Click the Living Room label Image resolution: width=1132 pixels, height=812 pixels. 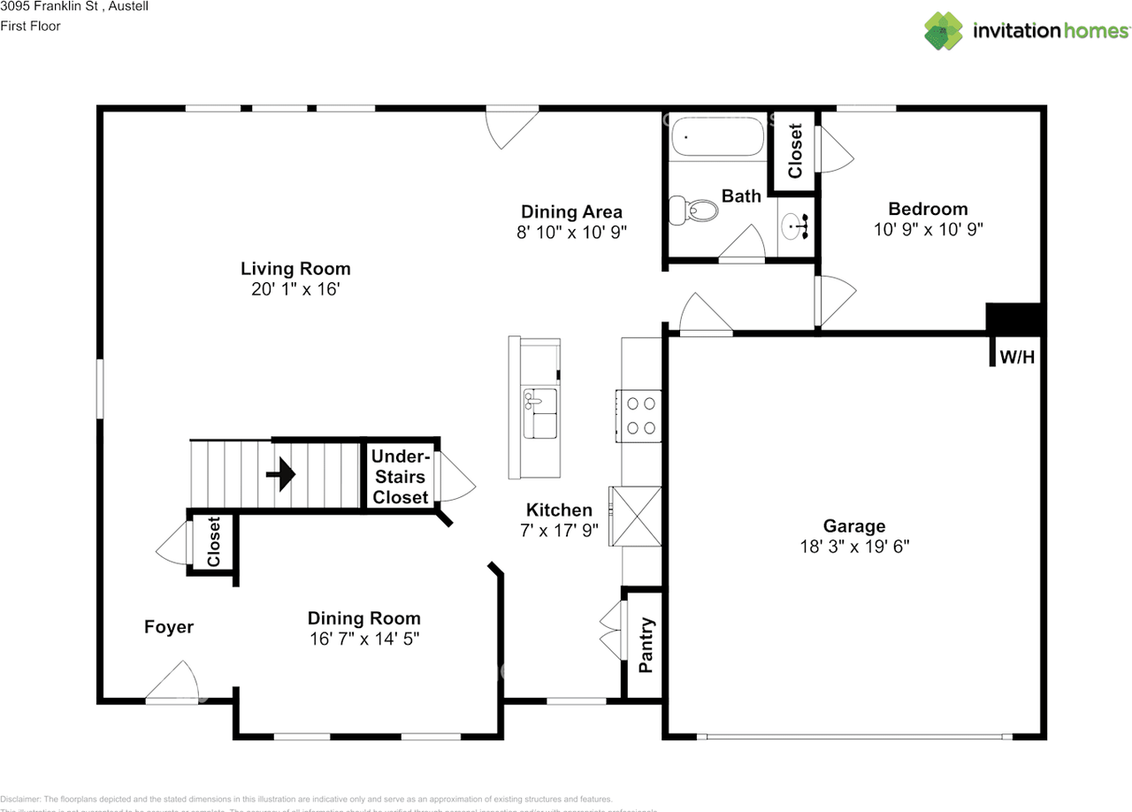[295, 269]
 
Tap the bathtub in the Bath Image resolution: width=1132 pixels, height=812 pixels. [716, 138]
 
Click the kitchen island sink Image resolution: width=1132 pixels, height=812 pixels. [539, 413]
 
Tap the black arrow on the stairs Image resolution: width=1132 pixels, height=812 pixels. [281, 474]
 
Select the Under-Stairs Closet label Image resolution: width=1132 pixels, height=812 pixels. [401, 477]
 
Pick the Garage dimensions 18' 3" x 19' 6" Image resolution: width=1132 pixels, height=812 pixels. [854, 547]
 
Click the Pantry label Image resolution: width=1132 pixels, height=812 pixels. [646, 645]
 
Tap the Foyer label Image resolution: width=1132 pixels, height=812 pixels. [169, 627]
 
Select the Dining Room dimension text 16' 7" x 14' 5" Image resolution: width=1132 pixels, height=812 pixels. [363, 638]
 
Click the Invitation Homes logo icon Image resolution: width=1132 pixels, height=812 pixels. [944, 31]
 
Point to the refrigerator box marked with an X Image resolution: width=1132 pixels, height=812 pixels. [635, 517]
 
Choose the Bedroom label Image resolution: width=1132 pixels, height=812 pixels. [928, 209]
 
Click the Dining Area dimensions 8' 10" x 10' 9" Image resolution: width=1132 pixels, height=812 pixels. [571, 232]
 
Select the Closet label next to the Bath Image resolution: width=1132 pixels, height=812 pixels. [795, 150]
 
